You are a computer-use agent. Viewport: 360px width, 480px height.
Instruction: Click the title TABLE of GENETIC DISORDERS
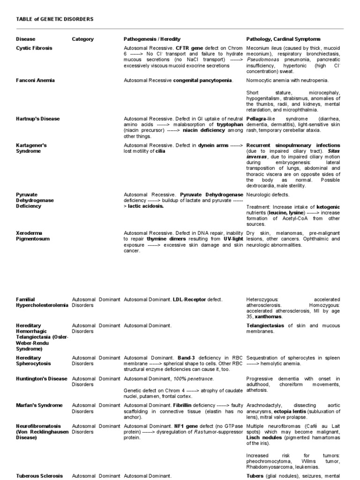coord(55,19)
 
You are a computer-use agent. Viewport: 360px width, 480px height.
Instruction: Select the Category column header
coord(82,39)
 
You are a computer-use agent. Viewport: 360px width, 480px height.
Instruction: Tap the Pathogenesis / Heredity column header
coord(152,39)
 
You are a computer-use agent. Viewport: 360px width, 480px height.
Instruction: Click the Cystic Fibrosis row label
coord(34,48)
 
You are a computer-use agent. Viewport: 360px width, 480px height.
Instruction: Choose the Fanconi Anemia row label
coord(35,81)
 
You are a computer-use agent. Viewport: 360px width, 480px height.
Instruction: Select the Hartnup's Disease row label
coord(38,119)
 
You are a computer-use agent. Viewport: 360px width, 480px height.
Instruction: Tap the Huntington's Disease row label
coord(42,379)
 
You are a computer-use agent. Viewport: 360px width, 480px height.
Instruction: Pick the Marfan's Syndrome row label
coord(39,405)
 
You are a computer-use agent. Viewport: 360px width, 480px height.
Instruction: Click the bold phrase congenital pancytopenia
coord(202,81)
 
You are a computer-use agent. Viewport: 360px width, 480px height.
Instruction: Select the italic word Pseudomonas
coord(264,60)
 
